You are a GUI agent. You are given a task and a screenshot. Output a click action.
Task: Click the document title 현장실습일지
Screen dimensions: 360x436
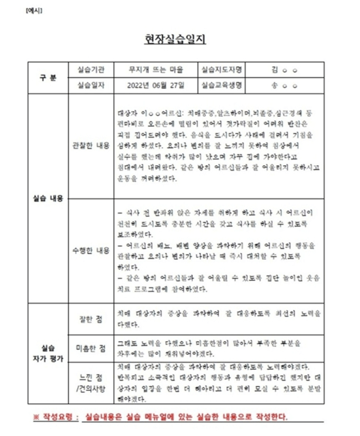click(179, 39)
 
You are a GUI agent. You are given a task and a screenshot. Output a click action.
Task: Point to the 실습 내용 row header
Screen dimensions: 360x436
click(48, 199)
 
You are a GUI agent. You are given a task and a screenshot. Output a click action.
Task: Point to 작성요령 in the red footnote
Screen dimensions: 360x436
click(59, 417)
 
